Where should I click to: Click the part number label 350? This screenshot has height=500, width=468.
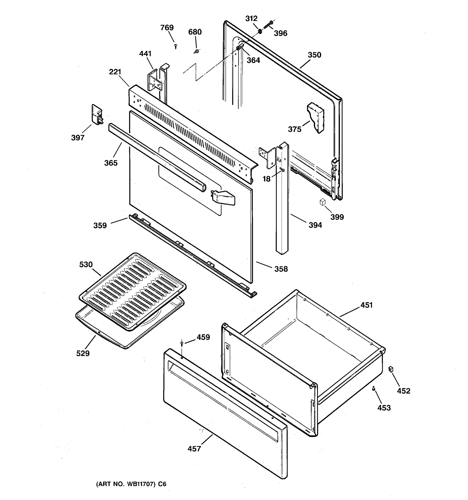(314, 55)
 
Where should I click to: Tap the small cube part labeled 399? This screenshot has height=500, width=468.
(323, 202)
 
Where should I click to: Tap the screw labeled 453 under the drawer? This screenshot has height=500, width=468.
(374, 389)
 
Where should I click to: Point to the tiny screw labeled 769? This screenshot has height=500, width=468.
(176, 46)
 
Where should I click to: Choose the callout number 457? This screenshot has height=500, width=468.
(194, 449)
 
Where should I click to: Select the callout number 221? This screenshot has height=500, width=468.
(115, 72)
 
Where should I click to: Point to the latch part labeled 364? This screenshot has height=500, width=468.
(240, 47)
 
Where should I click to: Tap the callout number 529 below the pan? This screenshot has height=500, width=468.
(83, 353)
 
